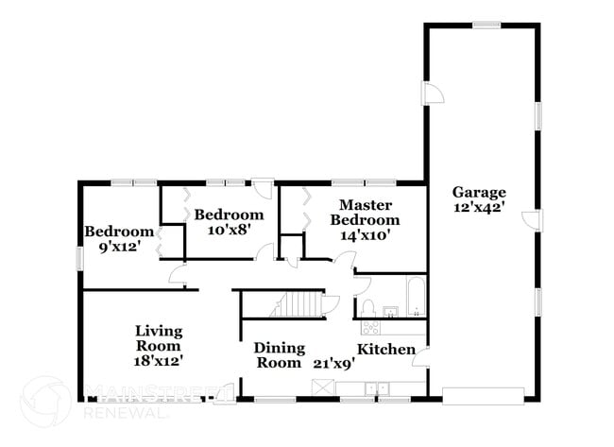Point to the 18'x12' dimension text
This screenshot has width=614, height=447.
click(158, 359)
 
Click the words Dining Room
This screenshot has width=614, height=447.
click(279, 355)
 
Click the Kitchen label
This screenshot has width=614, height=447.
click(385, 350)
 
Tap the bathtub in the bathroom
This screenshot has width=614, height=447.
click(416, 295)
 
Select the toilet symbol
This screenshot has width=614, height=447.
click(370, 308)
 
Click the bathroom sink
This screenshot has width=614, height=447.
click(389, 310)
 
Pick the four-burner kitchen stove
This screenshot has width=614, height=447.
click(370, 328)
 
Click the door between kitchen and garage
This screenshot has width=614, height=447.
click(423, 358)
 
